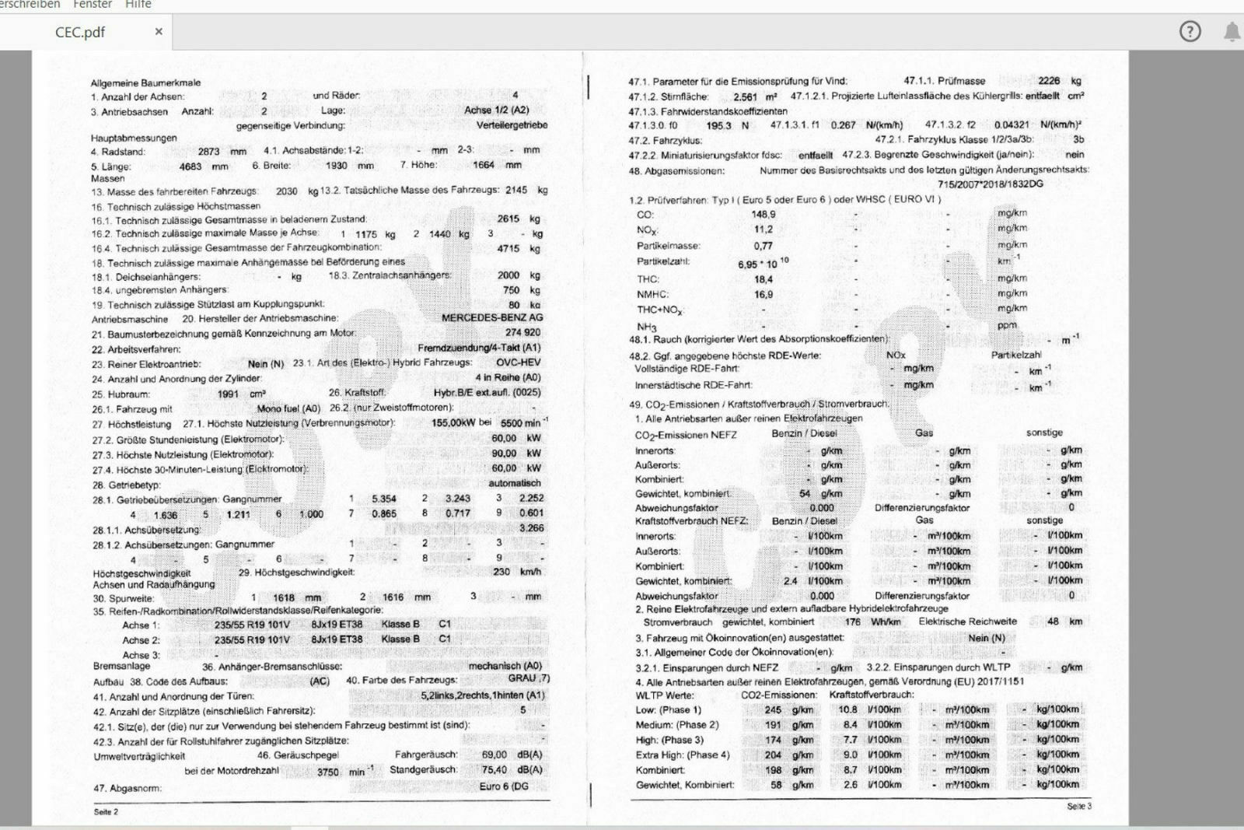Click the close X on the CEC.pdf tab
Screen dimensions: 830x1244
[x=159, y=32]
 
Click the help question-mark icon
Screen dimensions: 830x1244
[x=1190, y=31]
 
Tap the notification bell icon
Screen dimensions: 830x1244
[x=1232, y=32]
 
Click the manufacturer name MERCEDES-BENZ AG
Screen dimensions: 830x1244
[x=492, y=317]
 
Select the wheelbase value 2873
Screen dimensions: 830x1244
[x=208, y=152]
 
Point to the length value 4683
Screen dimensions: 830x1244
[x=190, y=166]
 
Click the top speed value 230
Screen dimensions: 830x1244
[x=501, y=572]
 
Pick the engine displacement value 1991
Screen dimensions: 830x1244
[x=228, y=394]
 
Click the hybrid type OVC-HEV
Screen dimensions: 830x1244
[x=518, y=362]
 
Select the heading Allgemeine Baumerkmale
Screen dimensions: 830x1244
[x=145, y=82]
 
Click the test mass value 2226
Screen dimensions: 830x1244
[x=1049, y=81]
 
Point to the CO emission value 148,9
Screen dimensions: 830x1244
[x=764, y=215]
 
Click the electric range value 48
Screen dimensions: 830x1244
[x=1053, y=622]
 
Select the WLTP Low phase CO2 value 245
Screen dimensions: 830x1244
[x=773, y=709]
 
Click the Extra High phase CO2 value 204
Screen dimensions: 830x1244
[x=773, y=755]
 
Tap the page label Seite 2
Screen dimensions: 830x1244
[x=106, y=812]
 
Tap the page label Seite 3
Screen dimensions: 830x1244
[x=1079, y=807]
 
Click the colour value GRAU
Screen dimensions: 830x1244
[x=522, y=678]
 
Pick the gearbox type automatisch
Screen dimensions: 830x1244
[x=515, y=483]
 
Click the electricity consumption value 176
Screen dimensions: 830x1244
[x=853, y=622]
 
